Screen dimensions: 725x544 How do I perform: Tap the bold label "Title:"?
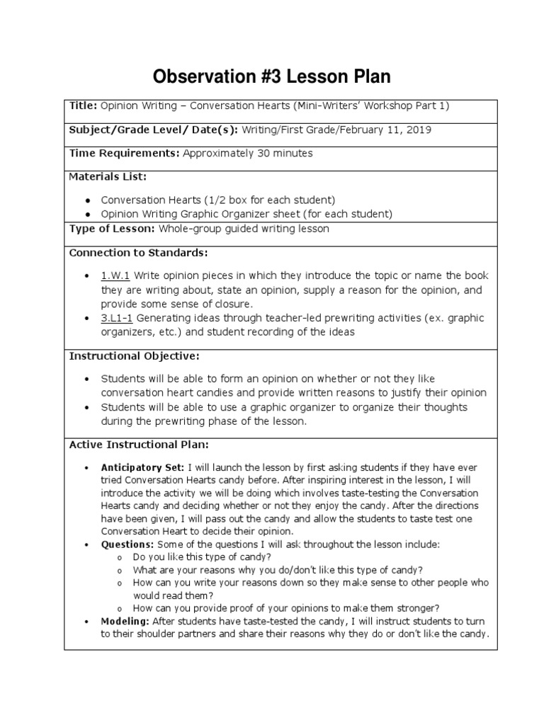83,105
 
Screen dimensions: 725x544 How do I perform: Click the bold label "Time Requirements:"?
124,153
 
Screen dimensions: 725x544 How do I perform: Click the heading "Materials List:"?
107,176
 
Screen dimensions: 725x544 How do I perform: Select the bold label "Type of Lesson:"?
112,229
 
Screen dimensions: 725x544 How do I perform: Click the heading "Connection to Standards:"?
138,252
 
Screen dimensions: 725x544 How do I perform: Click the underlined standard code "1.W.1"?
115,275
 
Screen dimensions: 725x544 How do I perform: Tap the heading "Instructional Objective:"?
134,355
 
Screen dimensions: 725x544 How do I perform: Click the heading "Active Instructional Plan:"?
138,445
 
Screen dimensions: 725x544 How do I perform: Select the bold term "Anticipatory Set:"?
142,468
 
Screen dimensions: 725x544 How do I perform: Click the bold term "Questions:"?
127,544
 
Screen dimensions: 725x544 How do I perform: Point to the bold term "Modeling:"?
125,621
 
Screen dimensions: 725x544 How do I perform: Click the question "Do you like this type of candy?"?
201,557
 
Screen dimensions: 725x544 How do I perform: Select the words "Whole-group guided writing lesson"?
244,229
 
